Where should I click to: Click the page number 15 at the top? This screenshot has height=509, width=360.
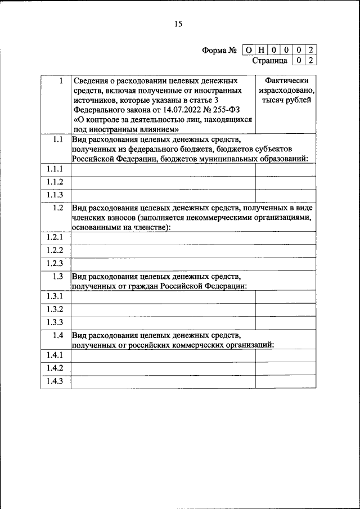click(179, 24)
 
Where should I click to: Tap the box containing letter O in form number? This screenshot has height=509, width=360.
click(248, 50)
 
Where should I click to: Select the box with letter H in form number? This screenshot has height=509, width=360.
click(260, 50)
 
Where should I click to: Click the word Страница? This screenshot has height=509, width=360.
click(270, 60)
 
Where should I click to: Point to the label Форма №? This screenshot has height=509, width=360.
click(219, 51)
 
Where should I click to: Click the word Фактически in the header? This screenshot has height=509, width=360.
click(286, 81)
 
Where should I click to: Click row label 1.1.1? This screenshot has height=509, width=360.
click(55, 169)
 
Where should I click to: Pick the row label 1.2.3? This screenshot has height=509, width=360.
click(55, 264)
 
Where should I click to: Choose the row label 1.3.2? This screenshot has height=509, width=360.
click(55, 309)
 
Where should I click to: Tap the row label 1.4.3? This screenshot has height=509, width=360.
click(55, 381)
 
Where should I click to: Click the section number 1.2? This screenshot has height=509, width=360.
click(57, 208)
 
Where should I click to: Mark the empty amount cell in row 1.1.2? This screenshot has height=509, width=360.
click(286, 182)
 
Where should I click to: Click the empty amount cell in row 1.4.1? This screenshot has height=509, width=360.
click(286, 356)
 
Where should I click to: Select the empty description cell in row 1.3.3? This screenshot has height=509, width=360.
click(163, 322)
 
